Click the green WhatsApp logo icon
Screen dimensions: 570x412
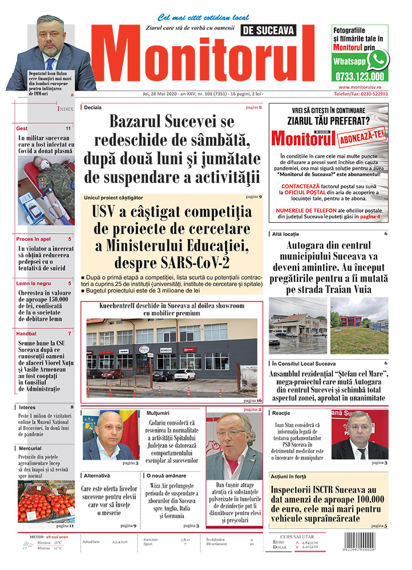click(x=377, y=59)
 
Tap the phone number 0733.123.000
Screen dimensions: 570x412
click(x=360, y=76)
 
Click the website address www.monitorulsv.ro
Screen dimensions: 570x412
click(x=360, y=87)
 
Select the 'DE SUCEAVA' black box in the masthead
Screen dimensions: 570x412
click(x=278, y=31)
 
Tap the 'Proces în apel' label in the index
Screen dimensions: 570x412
click(x=34, y=239)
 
